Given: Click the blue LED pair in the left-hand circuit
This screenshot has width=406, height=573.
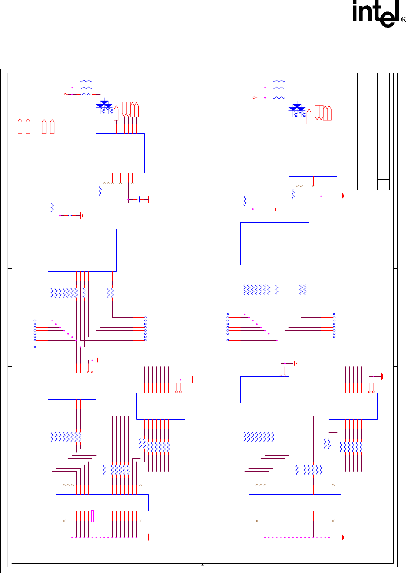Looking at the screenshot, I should click(104, 105).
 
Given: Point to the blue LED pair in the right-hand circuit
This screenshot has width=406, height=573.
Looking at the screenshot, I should click(297, 107).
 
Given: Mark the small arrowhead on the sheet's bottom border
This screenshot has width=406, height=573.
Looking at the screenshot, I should click(202, 565).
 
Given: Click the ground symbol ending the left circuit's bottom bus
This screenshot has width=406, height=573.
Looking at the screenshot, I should click(151, 537).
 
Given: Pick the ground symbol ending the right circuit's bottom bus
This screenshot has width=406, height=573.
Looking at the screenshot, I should click(343, 537).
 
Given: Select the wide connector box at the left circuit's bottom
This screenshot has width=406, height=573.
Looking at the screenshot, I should click(102, 503).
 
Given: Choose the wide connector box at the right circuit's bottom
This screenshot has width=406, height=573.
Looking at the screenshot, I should click(295, 503).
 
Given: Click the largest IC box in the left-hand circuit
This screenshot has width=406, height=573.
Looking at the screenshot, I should click(82, 250).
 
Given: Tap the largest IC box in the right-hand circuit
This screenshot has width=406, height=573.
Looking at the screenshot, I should click(275, 243).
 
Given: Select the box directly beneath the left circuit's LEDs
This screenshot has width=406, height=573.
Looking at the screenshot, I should click(120, 153).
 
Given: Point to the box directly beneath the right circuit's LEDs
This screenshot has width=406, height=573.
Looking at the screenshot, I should click(313, 156).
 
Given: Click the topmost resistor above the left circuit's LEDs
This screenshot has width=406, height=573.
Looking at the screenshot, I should click(87, 81).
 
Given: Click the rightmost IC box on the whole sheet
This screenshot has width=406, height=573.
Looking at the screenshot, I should click(353, 406).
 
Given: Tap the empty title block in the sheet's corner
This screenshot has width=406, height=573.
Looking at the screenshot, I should click(374, 130).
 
